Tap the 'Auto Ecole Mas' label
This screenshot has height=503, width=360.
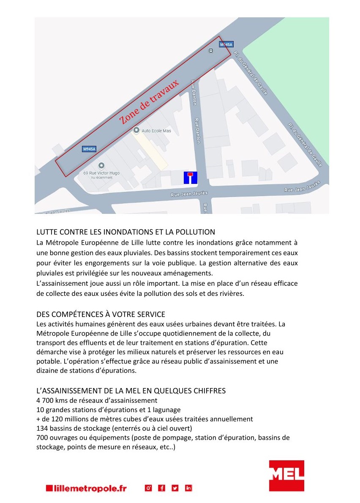click(156, 131)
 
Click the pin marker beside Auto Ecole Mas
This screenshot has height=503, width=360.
click(136, 130)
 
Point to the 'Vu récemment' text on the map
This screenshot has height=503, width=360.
click(102, 178)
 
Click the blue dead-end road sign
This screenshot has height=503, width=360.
click(190, 178)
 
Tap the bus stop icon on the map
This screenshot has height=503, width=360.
click(211, 51)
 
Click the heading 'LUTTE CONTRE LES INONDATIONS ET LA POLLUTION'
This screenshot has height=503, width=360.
click(125, 232)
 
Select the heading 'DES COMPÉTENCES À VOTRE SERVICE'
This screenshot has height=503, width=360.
click(101, 314)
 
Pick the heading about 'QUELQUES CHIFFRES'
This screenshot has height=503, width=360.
click(131, 391)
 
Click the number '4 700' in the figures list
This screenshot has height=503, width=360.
click(46, 400)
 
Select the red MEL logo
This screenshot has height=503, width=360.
click(286, 476)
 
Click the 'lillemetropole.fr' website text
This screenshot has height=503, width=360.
click(86, 488)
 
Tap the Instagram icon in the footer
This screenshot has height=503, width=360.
click(148, 488)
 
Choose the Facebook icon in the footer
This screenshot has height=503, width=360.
click(161, 488)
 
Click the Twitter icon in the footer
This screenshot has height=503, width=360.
click(175, 488)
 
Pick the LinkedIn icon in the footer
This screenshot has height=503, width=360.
click(188, 488)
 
